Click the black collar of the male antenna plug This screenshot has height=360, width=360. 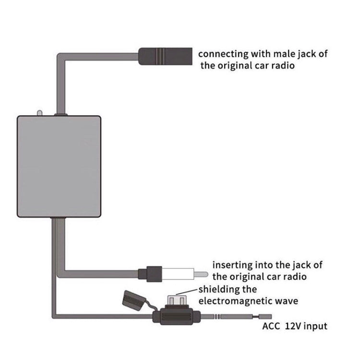click(153, 274)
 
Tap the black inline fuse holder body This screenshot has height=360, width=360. click(178, 317)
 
